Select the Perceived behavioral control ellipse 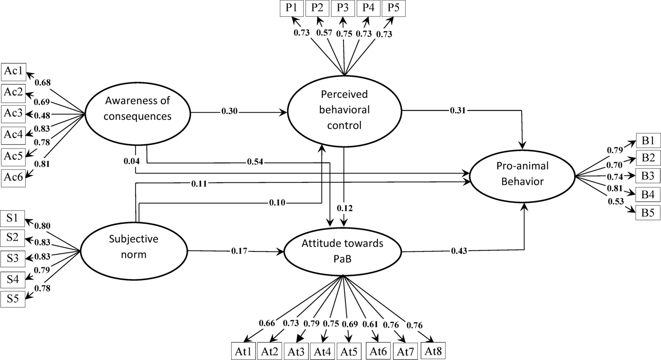(x=344, y=110)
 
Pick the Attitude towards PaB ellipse (x=343, y=251)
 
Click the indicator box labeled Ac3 (x=13, y=114)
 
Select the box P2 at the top (x=317, y=8)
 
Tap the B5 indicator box (x=648, y=213)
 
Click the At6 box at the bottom (x=378, y=351)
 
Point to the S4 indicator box (x=13, y=280)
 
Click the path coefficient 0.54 (x=255, y=162)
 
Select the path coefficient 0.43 (x=459, y=251)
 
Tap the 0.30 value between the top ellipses (x=229, y=111)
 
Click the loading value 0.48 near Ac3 (x=41, y=116)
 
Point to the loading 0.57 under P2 (x=324, y=33)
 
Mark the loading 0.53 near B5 (x=616, y=201)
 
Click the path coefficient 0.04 (x=131, y=161)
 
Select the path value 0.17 (x=239, y=251)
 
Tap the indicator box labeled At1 (x=243, y=351)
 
